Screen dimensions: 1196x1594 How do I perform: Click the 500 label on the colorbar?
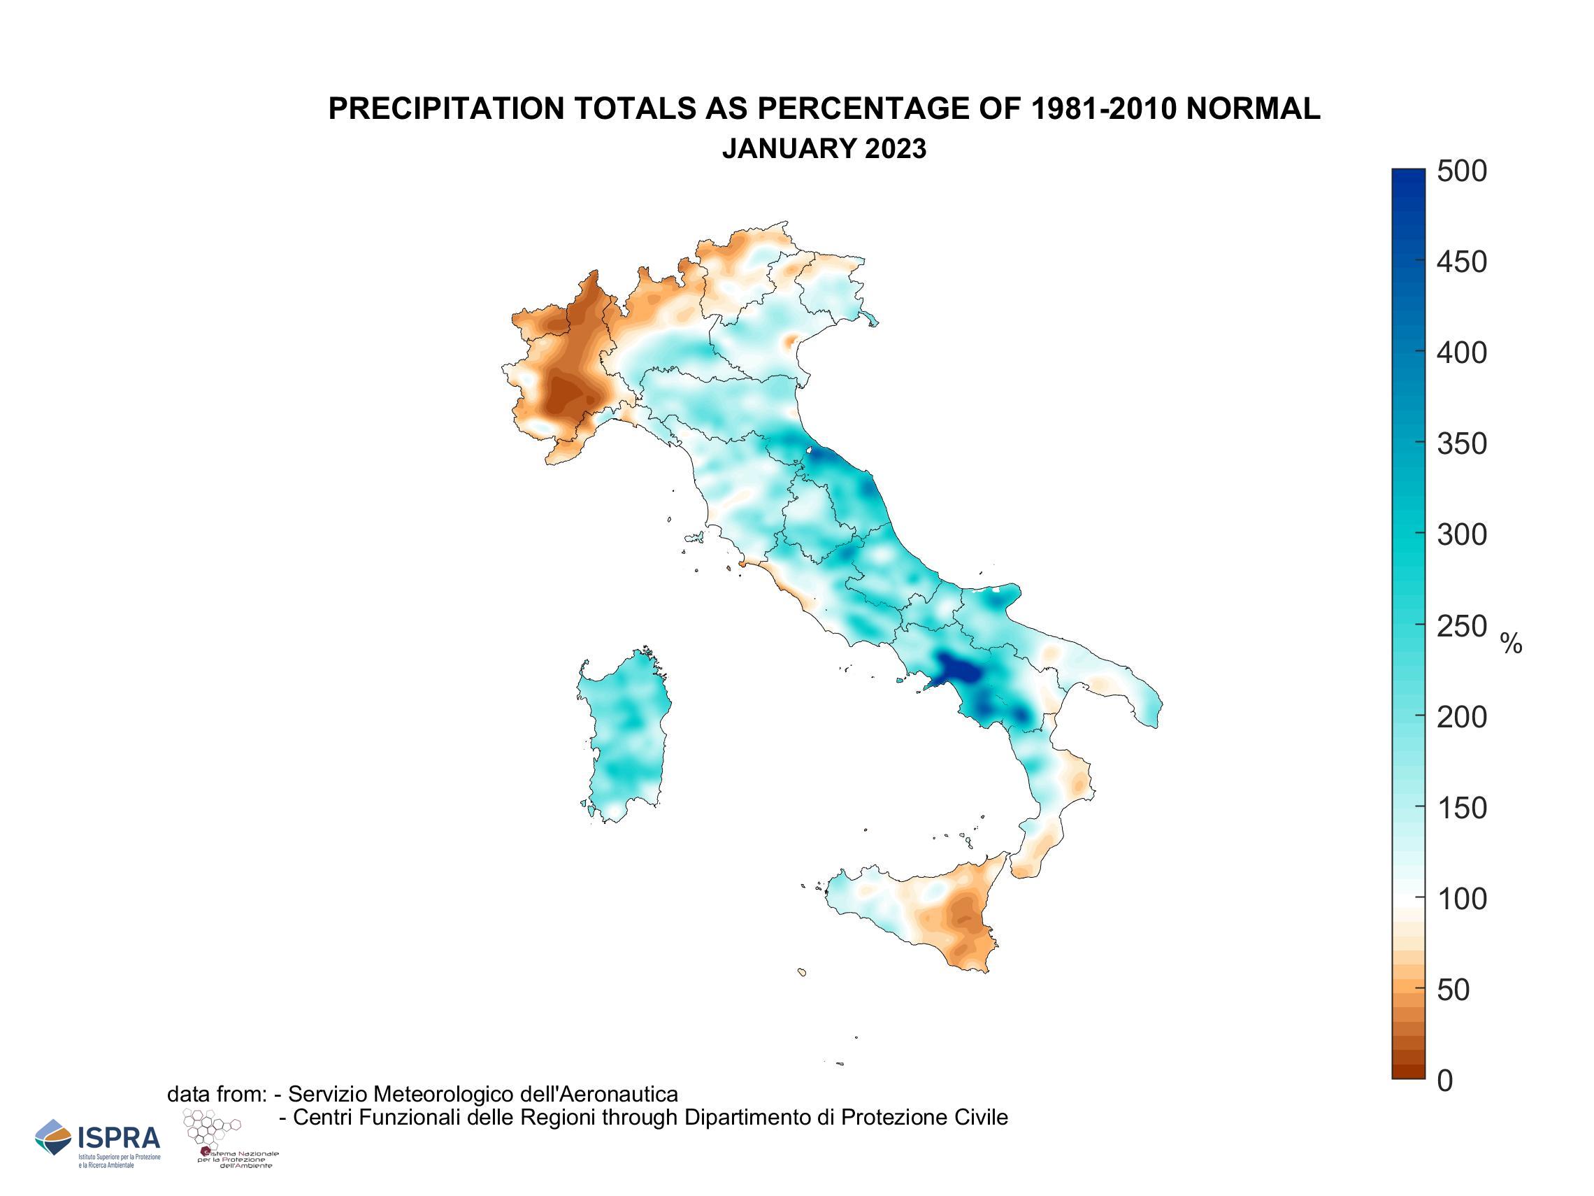pos(1461,171)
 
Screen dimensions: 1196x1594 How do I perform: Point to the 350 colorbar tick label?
pos(1461,444)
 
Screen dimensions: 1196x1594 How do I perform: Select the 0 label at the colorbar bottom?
pos(1445,1081)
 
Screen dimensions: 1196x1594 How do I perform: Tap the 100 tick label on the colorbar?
pos(1461,899)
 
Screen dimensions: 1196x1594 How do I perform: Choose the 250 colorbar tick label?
pos(1461,627)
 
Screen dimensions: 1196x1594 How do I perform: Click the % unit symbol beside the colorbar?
pos(1511,643)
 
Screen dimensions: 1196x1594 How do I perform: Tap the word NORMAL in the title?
pos(1253,109)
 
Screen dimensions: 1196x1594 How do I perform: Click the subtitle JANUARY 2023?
pos(824,148)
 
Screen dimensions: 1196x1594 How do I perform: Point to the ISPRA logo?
pos(98,1140)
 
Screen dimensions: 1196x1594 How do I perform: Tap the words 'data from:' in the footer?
pos(217,1095)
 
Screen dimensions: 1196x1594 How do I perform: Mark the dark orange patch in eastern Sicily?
pos(963,918)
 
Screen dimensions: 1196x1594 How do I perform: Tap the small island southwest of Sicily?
pos(802,971)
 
